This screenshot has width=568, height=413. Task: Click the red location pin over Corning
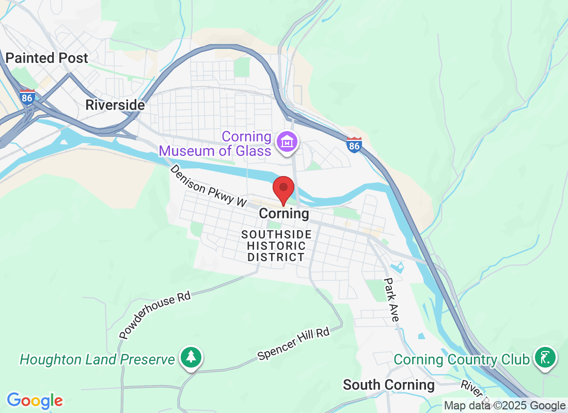[283, 189]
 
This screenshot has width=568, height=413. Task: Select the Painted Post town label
[47, 58]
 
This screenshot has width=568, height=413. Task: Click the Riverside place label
[115, 105]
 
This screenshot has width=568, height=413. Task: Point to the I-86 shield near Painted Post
[27, 97]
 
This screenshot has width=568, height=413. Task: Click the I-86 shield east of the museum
[354, 145]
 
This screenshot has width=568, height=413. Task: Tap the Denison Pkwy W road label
[209, 186]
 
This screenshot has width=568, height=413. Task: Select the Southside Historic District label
[276, 246]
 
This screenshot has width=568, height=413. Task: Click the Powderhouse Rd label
[155, 314]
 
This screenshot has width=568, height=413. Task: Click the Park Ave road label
[391, 300]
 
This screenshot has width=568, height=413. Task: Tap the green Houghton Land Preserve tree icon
[191, 357]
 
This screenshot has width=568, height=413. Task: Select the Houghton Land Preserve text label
[97, 359]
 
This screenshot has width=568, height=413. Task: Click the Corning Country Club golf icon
[545, 357]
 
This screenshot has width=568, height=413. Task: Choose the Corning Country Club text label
[462, 359]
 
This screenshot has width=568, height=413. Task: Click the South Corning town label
[389, 385]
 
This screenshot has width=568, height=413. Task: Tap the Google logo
[35, 401]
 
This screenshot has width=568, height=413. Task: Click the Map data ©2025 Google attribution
[504, 406]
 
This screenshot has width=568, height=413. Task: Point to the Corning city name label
[284, 213]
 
